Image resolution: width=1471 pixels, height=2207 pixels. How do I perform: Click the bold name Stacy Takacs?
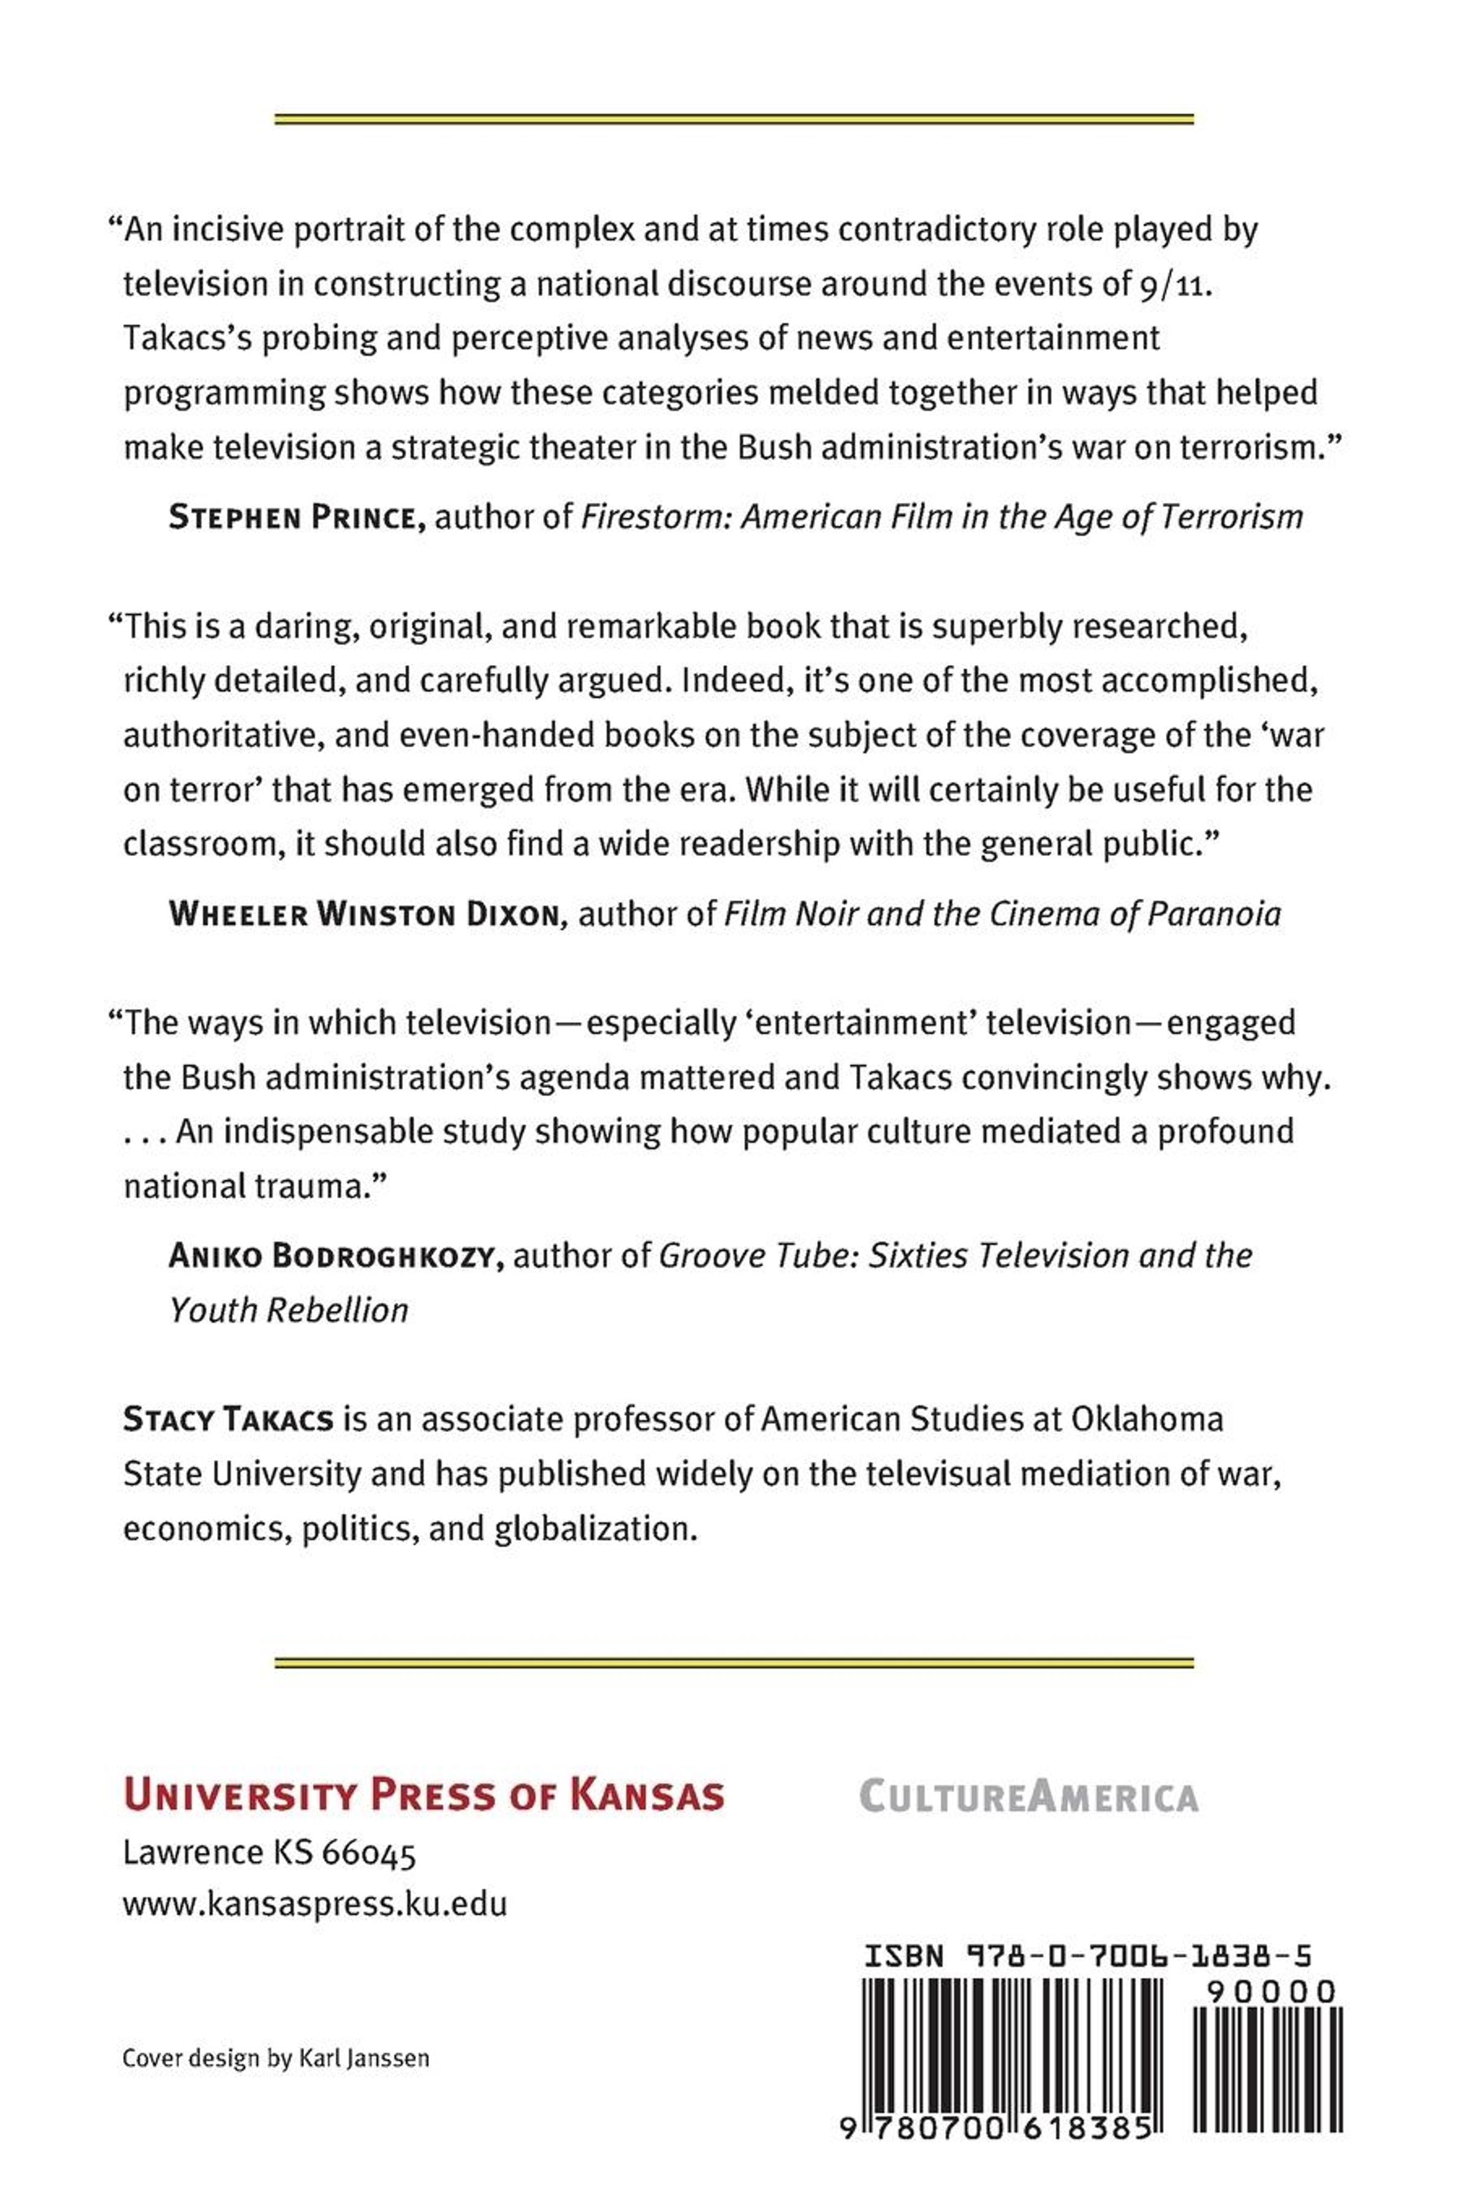[x=228, y=1419]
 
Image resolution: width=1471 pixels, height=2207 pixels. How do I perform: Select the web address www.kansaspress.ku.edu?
[x=315, y=1904]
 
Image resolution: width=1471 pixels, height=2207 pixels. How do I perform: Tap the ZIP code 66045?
[x=369, y=1853]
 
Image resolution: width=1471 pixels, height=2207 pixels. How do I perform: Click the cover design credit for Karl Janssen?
[x=276, y=2059]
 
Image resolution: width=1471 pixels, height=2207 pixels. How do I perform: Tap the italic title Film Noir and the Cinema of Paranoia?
[x=1002, y=914]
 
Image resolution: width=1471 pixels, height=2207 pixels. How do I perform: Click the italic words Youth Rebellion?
[x=289, y=1310]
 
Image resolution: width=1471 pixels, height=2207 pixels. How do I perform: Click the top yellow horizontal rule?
[x=734, y=119]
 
